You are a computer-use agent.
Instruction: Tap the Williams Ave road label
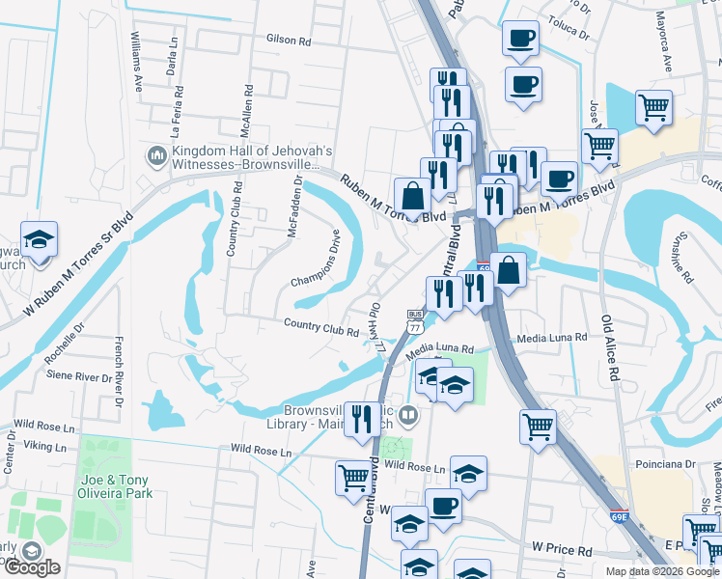pos(137,62)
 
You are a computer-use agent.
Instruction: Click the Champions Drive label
pos(317,259)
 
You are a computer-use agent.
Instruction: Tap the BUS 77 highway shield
pos(416,321)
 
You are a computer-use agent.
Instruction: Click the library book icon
pos(408,417)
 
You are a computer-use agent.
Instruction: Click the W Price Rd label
pos(562,550)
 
